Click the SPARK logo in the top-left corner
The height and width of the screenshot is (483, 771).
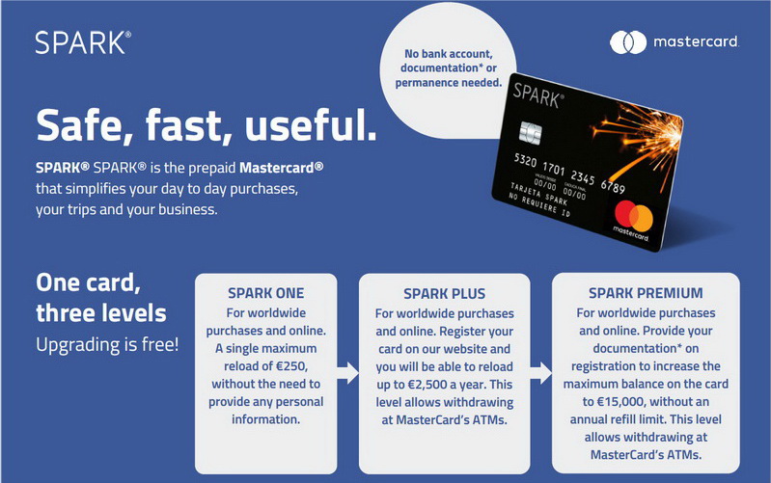click(x=83, y=42)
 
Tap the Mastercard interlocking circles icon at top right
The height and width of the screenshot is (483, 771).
click(x=628, y=42)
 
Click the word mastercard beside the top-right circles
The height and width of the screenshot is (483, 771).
click(x=696, y=41)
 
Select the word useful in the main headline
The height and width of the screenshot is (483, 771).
click(x=311, y=124)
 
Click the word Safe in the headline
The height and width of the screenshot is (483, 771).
click(x=85, y=125)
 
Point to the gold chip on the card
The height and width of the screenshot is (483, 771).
click(x=531, y=133)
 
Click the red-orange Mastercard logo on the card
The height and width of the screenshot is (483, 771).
click(x=633, y=216)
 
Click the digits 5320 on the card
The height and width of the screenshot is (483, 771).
click(x=525, y=160)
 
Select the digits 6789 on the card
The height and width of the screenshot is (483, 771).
click(x=613, y=186)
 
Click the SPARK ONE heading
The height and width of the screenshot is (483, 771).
click(x=266, y=293)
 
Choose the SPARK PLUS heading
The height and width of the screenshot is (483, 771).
click(x=445, y=294)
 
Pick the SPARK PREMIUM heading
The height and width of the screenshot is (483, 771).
click(x=646, y=293)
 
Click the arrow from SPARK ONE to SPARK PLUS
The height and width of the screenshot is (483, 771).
click(x=348, y=373)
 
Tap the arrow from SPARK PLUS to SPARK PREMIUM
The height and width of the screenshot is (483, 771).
click(x=541, y=373)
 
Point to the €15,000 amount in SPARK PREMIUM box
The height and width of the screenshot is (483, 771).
click(x=620, y=402)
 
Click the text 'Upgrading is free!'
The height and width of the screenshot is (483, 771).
click(x=107, y=345)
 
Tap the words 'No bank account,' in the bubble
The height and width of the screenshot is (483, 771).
click(x=448, y=54)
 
